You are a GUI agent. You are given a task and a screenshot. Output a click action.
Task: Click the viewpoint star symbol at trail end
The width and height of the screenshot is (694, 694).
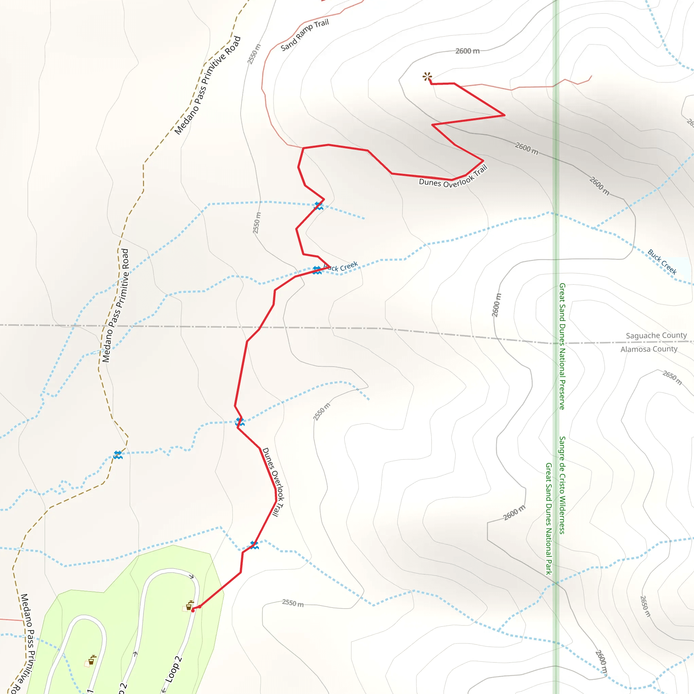[x=427, y=76]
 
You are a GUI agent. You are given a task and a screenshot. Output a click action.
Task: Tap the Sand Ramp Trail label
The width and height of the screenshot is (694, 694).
[x=305, y=35]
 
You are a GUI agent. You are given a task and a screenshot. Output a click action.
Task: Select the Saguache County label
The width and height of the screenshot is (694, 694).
[x=656, y=335]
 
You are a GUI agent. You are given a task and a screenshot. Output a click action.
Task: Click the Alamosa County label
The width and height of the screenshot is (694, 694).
[x=649, y=349]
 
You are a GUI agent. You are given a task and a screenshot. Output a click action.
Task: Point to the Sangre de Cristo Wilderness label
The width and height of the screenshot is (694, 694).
[x=562, y=485]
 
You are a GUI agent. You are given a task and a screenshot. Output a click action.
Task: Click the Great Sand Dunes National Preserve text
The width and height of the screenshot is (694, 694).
[x=562, y=346]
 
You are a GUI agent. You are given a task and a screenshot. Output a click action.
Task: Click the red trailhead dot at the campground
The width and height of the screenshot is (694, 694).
[x=193, y=610]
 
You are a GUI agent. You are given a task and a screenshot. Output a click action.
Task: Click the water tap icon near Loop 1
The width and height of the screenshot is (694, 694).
[x=92, y=660]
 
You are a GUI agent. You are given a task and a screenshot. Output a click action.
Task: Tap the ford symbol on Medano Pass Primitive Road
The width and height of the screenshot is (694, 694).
[x=118, y=455]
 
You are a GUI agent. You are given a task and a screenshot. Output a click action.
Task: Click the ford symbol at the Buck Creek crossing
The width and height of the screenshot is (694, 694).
[x=317, y=270]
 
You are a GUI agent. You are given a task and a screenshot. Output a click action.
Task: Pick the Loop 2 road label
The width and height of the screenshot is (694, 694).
[x=174, y=669]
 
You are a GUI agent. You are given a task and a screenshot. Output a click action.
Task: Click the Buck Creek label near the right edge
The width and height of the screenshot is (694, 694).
[x=662, y=262]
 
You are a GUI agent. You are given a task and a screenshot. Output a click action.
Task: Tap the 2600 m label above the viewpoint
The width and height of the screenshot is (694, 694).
[x=467, y=51]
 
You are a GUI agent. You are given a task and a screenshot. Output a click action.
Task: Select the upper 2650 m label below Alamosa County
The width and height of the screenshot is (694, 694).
[x=672, y=378]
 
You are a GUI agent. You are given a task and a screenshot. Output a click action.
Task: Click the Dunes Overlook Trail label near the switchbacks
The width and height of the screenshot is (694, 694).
[x=453, y=177]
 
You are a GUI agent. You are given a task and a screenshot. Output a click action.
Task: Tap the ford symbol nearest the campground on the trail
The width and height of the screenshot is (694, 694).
[x=254, y=545]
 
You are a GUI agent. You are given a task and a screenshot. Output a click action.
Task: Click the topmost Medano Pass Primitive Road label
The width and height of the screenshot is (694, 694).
[x=207, y=85]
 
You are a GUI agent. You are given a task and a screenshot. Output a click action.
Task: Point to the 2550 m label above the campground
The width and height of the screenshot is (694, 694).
[x=293, y=603]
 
